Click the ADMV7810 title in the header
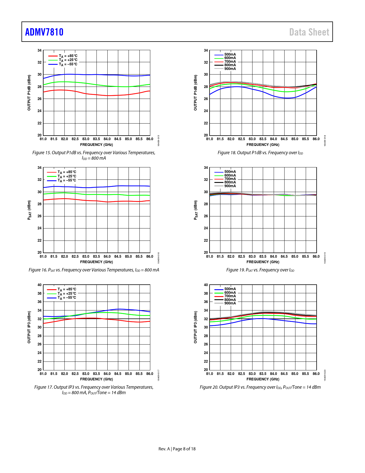[x=44, y=32]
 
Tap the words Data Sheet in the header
[x=309, y=32]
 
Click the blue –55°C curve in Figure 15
[x=86, y=75]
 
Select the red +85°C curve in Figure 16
[x=86, y=200]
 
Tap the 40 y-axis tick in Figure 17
[x=40, y=285]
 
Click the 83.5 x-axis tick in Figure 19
[x=263, y=257]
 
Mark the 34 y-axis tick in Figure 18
[x=206, y=50]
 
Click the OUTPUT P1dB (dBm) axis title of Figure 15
[x=29, y=93]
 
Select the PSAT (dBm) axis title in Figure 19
[x=196, y=210]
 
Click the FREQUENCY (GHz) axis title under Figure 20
[x=263, y=379]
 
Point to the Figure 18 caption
[x=260, y=153]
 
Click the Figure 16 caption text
[x=94, y=270]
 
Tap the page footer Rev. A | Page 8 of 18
[x=177, y=449]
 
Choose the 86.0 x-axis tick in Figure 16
[x=150, y=257]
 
